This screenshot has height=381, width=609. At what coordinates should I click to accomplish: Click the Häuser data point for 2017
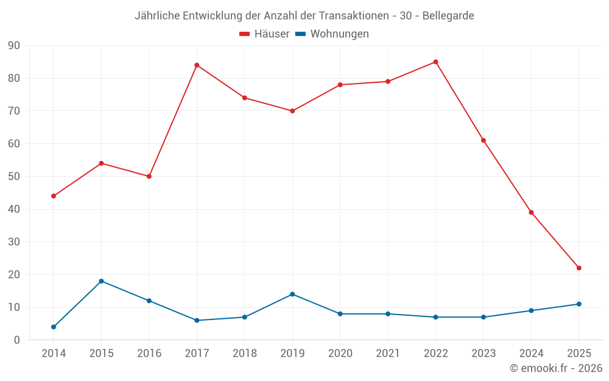pyautogui.click(x=197, y=65)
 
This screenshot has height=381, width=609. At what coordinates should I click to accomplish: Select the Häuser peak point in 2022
pyautogui.click(x=435, y=62)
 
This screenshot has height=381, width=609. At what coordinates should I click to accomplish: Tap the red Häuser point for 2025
pyautogui.click(x=579, y=268)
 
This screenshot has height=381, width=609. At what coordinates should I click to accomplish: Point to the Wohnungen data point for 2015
pyautogui.click(x=101, y=281)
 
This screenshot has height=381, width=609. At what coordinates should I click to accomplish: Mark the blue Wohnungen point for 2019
pyautogui.click(x=292, y=294)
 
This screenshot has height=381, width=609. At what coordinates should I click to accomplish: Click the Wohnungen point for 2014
pyautogui.click(x=54, y=327)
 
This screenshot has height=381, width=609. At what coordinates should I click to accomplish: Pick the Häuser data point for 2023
pyautogui.click(x=484, y=140)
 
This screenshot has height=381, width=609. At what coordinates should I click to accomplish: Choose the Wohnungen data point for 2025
pyautogui.click(x=579, y=304)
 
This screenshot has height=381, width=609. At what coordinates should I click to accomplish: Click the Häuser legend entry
pyautogui.click(x=264, y=34)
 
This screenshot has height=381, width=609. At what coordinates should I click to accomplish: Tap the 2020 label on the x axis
pyautogui.click(x=340, y=354)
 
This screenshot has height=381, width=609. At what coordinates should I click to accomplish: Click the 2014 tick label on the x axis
pyautogui.click(x=54, y=354)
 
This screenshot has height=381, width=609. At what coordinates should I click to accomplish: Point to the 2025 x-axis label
pyautogui.click(x=579, y=354)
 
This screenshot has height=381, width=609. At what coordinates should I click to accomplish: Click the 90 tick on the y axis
pyautogui.click(x=13, y=46)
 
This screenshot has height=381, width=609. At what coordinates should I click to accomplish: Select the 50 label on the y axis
pyautogui.click(x=13, y=177)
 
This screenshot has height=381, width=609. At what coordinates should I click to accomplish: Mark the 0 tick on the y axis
pyautogui.click(x=16, y=340)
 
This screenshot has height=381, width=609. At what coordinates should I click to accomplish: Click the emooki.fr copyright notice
pyautogui.click(x=556, y=368)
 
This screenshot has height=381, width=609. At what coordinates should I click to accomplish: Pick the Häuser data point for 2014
pyautogui.click(x=54, y=196)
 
